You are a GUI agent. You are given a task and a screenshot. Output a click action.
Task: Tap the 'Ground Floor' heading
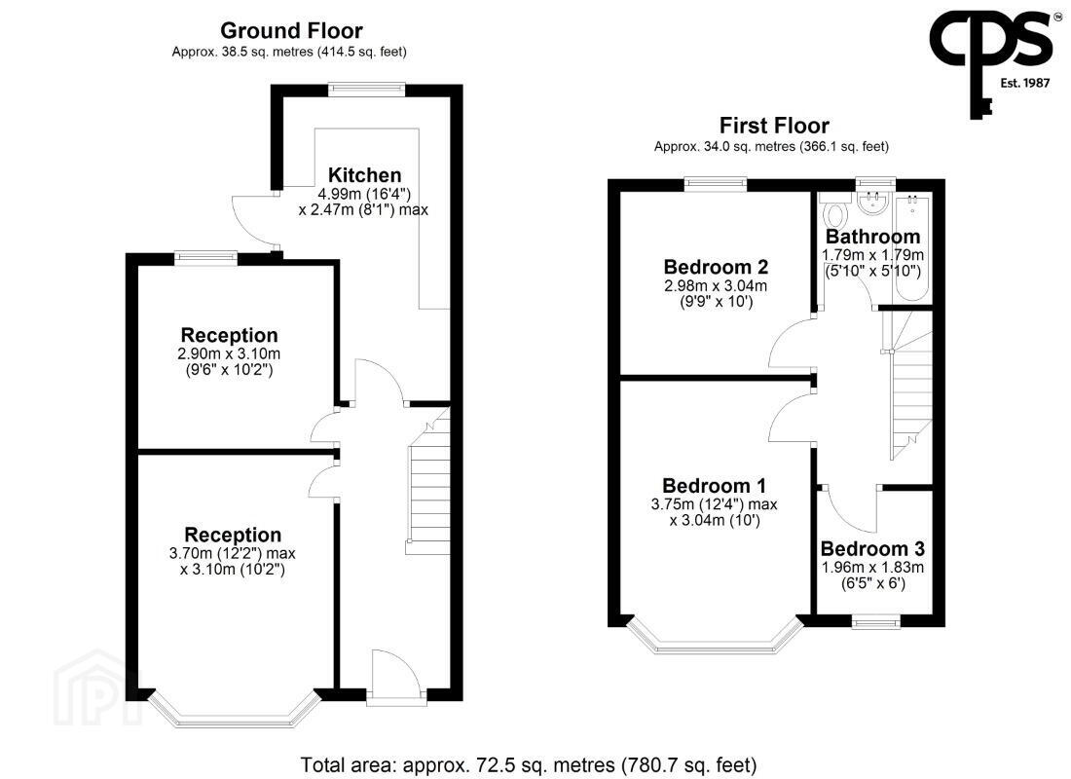[291, 30]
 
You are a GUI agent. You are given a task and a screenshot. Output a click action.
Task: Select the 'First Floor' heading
[774, 125]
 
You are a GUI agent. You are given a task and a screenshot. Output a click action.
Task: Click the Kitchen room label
[364, 175]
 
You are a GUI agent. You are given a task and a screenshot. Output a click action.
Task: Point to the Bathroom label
[872, 236]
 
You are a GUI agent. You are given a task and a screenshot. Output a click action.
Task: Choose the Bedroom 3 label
[871, 548]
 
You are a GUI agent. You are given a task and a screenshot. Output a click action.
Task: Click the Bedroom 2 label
[716, 266]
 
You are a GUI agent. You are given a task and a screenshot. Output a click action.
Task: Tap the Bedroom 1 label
[714, 485]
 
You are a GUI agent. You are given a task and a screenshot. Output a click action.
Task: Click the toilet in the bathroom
[835, 212]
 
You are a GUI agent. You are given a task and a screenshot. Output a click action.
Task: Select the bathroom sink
[872, 204]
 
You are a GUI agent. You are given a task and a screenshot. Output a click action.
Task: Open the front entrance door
[394, 675]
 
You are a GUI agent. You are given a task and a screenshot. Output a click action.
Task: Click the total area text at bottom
[529, 764]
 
